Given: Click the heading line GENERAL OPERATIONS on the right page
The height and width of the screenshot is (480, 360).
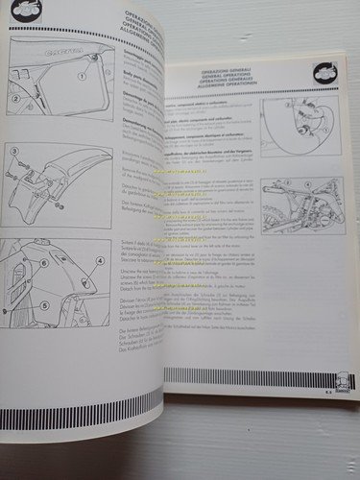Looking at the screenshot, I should (x=242, y=82).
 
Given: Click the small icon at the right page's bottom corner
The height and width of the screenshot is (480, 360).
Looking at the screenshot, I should (x=337, y=382).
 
